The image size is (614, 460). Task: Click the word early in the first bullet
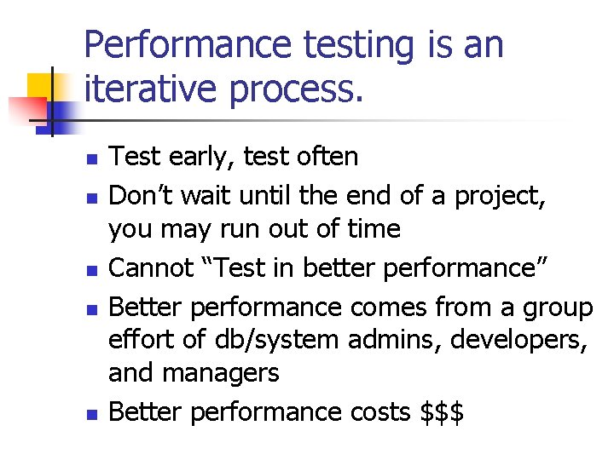click(194, 157)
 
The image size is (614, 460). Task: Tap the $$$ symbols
click(443, 412)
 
